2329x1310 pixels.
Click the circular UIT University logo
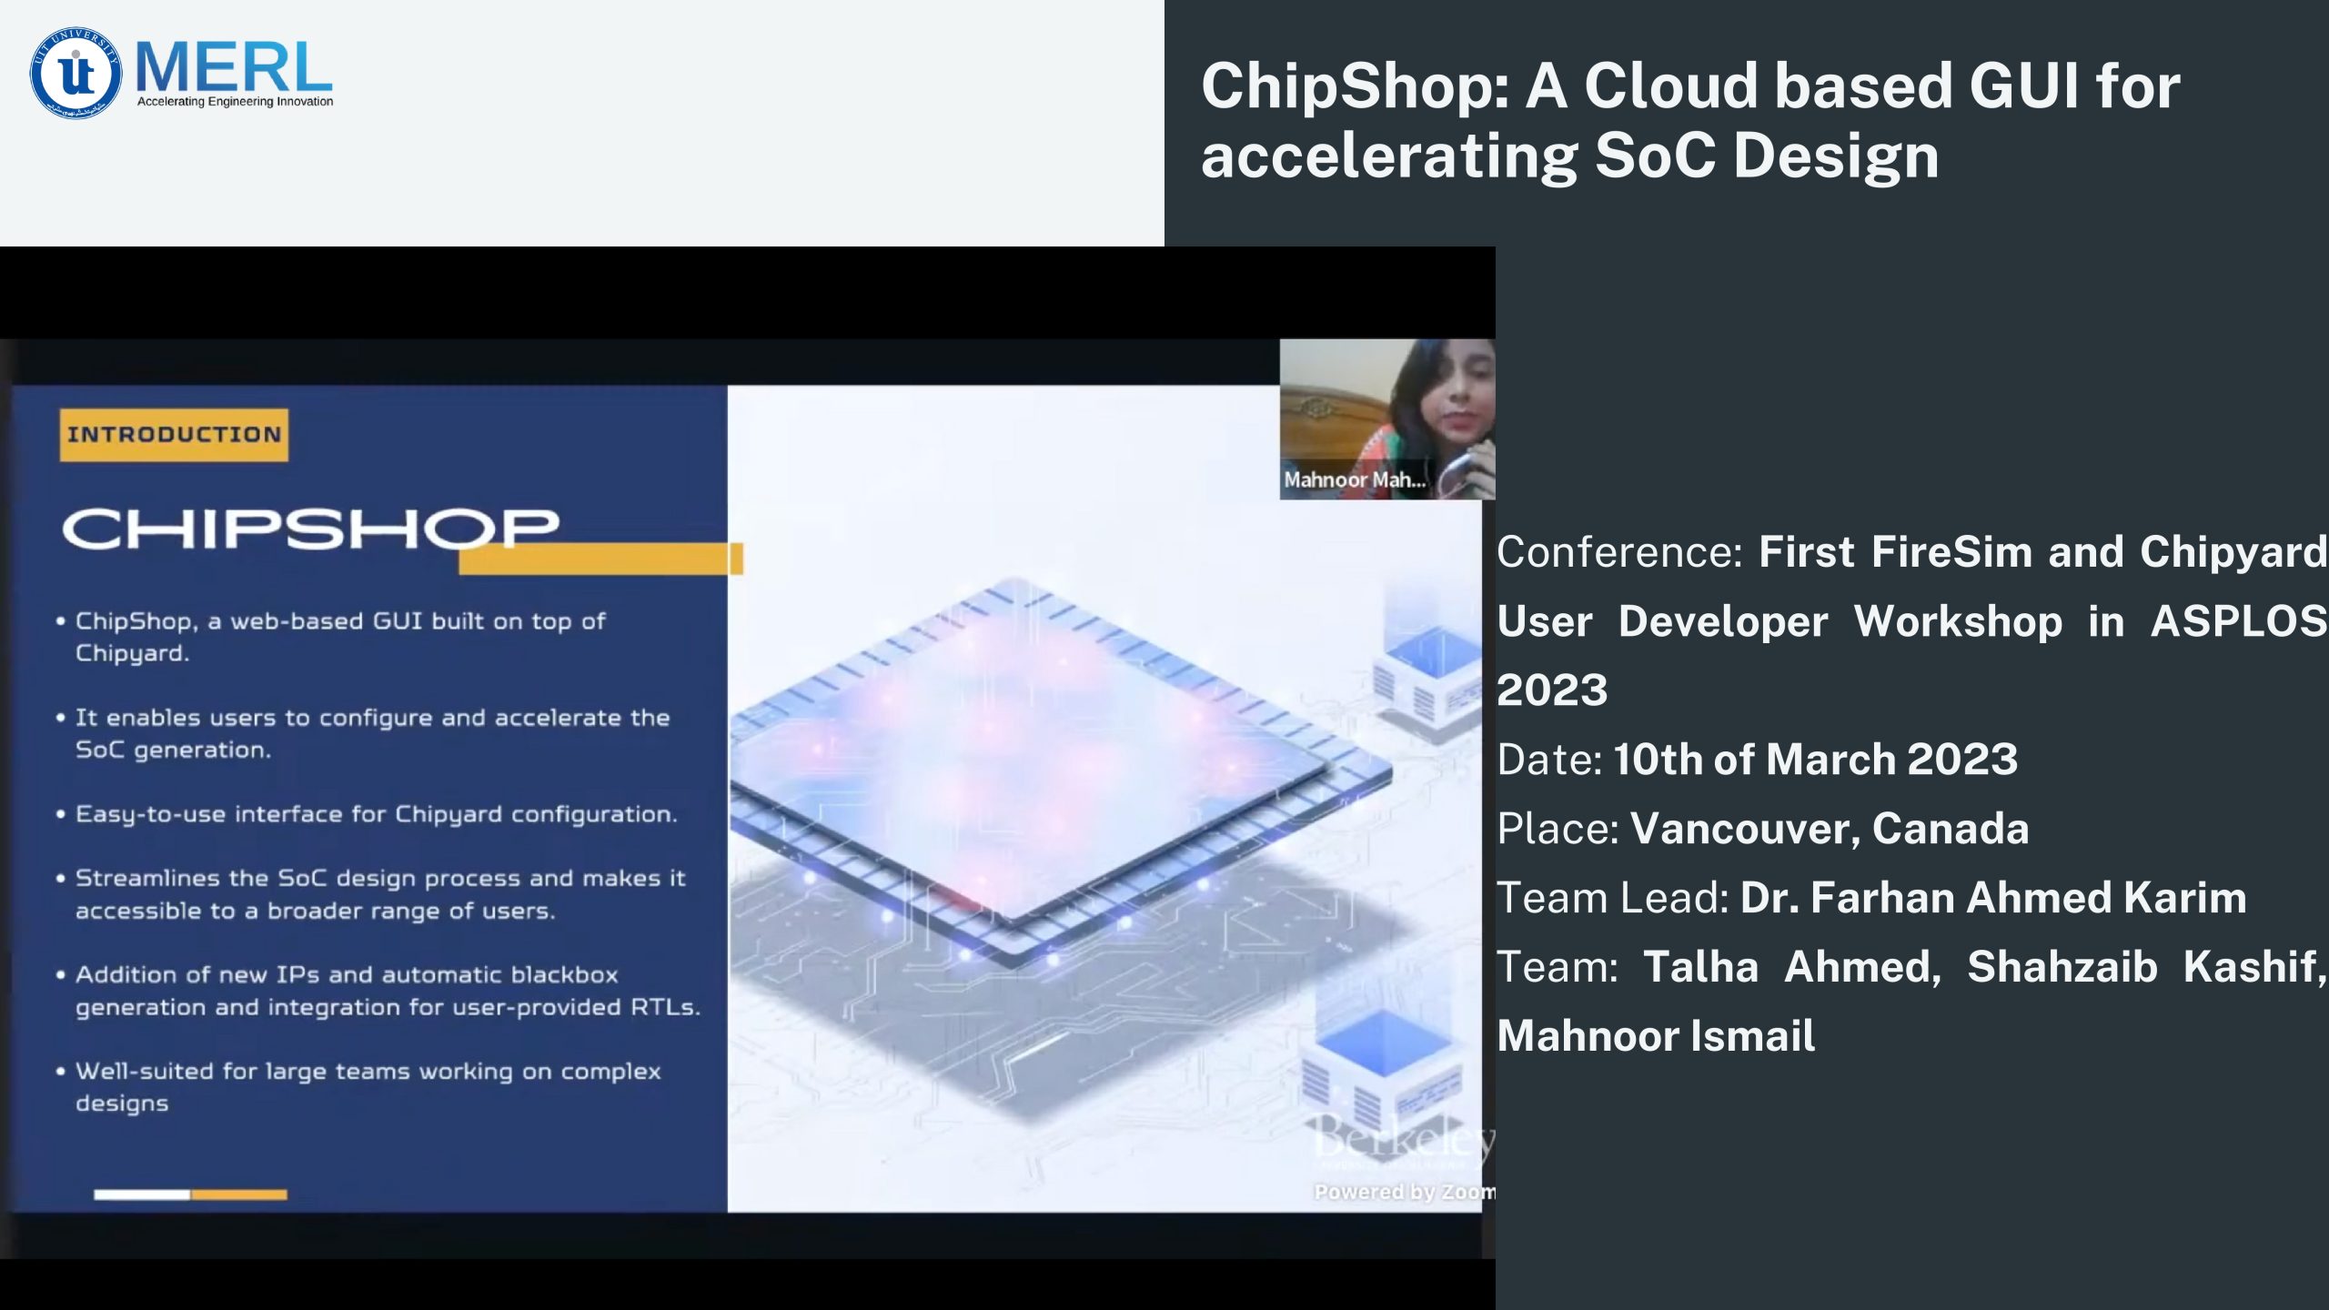tap(76, 73)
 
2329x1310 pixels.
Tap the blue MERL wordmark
tap(234, 66)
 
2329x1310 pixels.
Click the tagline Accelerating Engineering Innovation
tap(235, 102)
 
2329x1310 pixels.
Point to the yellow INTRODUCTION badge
tap(174, 435)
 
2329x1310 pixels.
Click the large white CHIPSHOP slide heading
tap(310, 529)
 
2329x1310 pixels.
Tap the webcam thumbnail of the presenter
tap(1386, 419)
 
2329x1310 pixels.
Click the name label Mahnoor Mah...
tap(1355, 479)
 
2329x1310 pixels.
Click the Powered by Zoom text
tap(1404, 1192)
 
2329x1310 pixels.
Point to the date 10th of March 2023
tap(1816, 759)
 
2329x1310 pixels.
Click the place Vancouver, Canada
tap(1830, 828)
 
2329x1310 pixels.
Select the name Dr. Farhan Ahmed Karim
tap(1993, 897)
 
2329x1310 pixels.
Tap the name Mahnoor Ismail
tap(1656, 1035)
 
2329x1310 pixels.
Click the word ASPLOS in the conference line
tap(2239, 621)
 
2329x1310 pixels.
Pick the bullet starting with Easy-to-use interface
tap(368, 814)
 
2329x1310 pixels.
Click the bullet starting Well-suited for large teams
tap(358, 1087)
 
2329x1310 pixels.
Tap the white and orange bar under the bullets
tap(190, 1194)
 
